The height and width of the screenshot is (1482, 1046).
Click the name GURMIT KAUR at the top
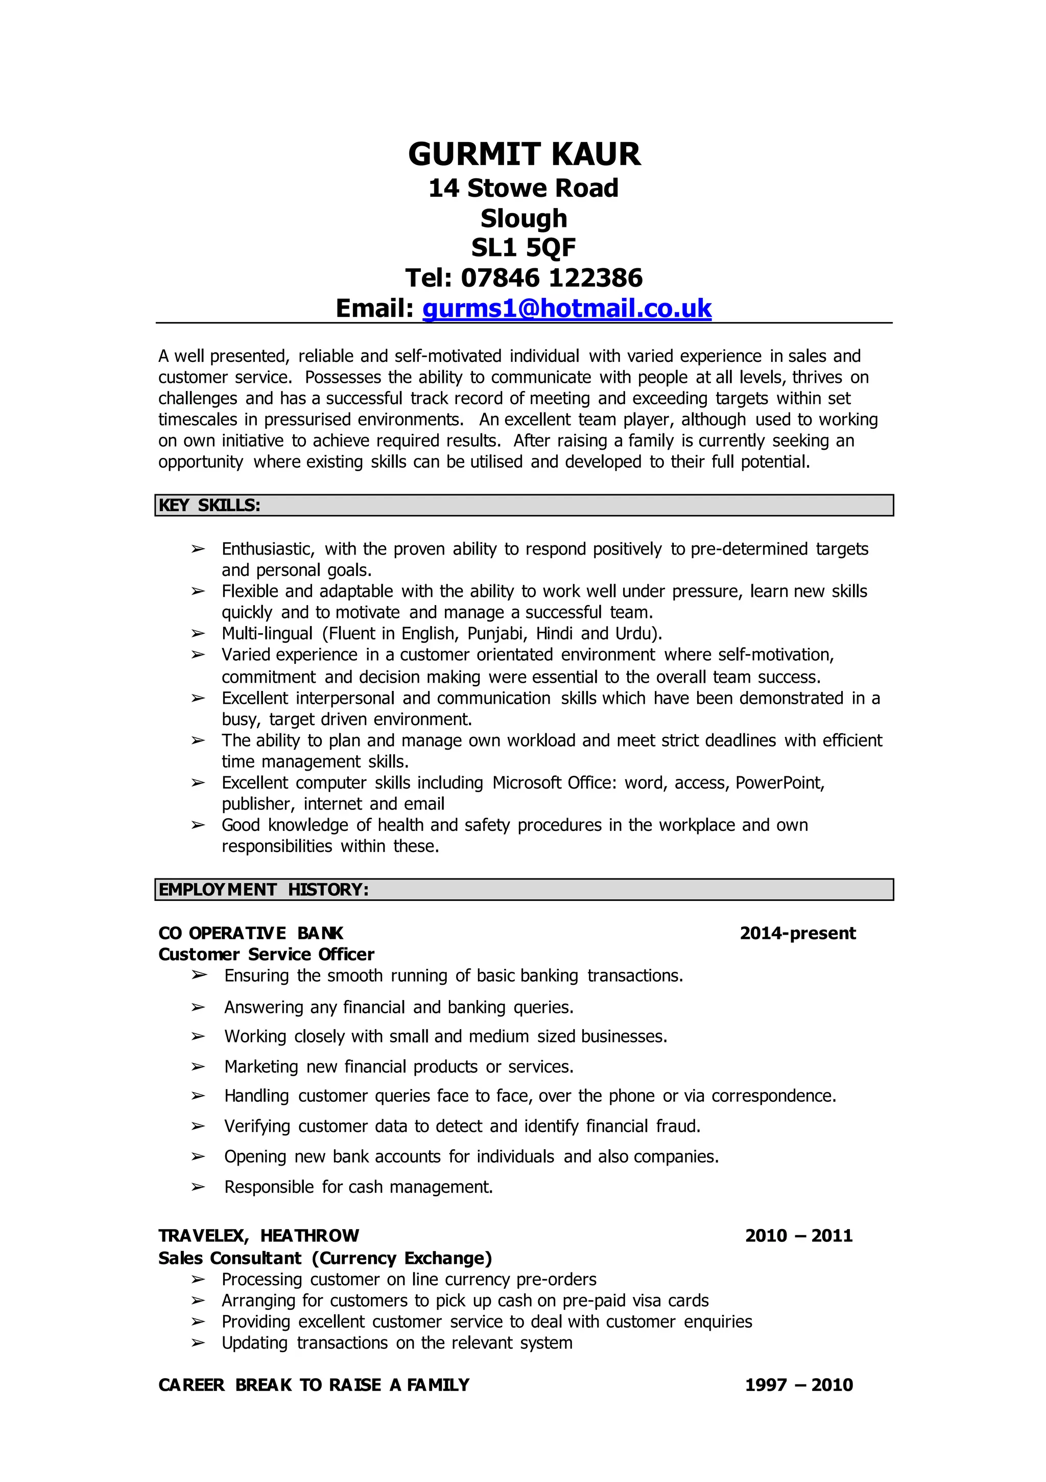click(524, 155)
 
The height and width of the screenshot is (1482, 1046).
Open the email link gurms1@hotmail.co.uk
click(566, 309)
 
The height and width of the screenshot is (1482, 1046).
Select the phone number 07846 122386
click(552, 278)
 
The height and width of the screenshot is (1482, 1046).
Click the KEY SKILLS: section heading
click(210, 505)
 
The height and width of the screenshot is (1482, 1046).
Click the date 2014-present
click(798, 933)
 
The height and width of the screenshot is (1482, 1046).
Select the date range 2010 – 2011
click(799, 1236)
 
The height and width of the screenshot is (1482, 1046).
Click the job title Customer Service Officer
click(266, 955)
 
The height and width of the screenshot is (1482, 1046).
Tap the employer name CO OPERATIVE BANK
click(250, 933)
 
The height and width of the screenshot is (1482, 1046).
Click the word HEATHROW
click(310, 1236)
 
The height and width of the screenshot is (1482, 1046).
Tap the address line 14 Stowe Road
click(524, 189)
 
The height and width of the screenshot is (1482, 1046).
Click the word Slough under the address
click(524, 218)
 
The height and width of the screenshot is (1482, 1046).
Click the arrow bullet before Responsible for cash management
click(198, 1187)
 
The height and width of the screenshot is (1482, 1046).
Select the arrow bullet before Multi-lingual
click(198, 633)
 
